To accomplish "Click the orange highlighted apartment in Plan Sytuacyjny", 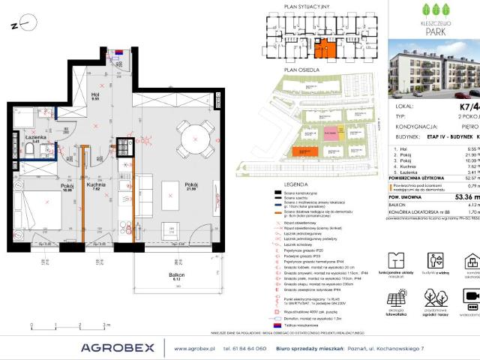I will tap(325, 49).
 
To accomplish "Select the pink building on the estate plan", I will tap(330, 133).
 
